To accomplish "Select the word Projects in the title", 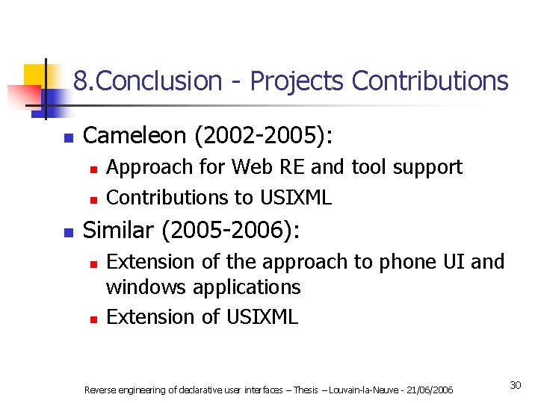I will click(x=297, y=81).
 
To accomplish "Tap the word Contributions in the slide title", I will click(x=430, y=81).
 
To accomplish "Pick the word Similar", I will click(x=119, y=231).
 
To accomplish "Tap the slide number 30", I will click(x=515, y=385).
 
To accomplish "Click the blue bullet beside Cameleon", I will click(x=68, y=138).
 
